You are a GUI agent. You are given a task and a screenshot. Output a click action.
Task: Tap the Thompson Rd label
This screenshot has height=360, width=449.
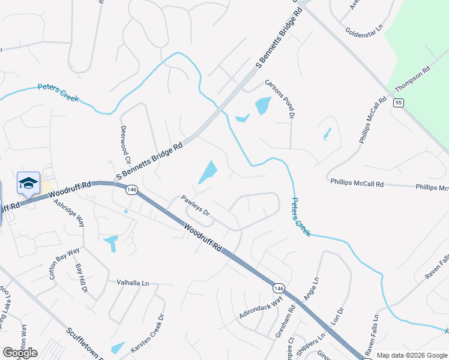413,79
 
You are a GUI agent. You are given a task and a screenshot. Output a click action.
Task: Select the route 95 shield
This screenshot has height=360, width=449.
399,103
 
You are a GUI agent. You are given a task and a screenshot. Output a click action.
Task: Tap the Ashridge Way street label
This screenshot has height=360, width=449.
69,213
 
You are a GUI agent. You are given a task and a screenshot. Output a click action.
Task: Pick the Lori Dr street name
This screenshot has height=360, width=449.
337,320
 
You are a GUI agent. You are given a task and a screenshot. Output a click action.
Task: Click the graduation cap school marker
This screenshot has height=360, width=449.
28,183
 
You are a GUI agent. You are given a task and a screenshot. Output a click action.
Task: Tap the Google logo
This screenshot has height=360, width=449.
20,352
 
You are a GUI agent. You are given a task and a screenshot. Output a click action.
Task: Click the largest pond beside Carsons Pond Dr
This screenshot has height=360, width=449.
263,106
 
